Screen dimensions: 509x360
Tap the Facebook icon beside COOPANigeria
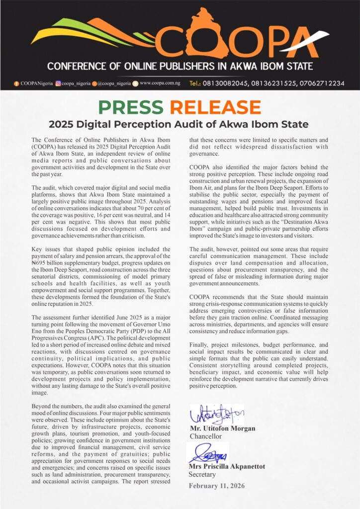click(16, 84)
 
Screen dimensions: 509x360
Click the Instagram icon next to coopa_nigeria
click(58, 84)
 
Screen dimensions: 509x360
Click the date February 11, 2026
click(216, 485)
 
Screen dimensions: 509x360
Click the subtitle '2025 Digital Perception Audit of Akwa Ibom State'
click(179, 124)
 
